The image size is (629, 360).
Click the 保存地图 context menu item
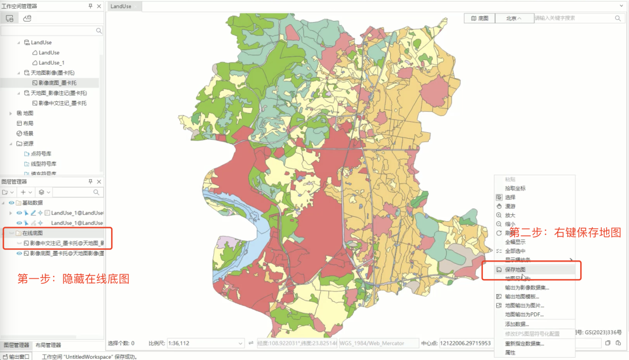(515, 270)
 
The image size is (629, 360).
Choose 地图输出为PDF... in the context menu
(524, 315)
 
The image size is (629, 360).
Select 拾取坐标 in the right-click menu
(515, 188)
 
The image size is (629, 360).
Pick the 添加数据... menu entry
(517, 324)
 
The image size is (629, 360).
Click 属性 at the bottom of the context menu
(510, 352)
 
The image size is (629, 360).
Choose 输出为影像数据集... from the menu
(526, 287)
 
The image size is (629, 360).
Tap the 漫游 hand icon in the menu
(499, 206)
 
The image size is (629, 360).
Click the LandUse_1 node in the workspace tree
(51, 62)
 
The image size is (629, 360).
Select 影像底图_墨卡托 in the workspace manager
(57, 83)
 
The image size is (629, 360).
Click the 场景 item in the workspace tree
(28, 133)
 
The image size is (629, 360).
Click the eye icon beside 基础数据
(12, 203)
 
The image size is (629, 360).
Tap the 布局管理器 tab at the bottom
(48, 345)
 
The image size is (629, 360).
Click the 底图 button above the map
(479, 18)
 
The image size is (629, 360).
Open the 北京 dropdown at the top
(514, 18)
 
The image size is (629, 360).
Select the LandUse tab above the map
(121, 6)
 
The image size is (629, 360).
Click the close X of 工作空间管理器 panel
(99, 6)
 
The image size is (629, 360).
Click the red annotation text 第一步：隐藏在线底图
(73, 278)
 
